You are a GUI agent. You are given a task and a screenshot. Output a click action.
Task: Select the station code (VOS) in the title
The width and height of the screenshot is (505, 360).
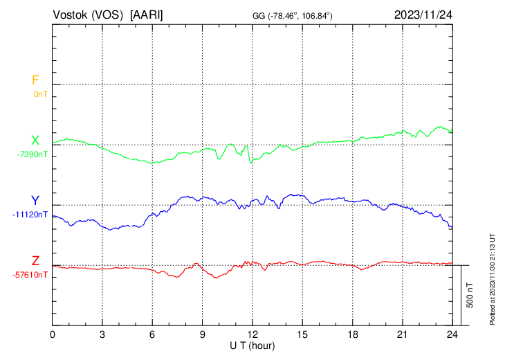[x=108, y=15]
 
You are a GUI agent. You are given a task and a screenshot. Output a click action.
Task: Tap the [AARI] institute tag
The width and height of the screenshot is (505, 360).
[x=147, y=15]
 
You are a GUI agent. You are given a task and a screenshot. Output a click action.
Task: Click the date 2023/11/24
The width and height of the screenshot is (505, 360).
[x=423, y=15]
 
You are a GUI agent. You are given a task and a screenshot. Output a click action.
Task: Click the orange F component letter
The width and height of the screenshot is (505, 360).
[x=35, y=80]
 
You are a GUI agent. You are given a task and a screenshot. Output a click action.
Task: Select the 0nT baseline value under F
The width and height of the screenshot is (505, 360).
[x=40, y=93]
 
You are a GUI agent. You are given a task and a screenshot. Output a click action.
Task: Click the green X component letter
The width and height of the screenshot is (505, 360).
[x=35, y=141]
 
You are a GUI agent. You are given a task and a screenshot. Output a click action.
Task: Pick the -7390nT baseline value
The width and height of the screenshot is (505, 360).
[x=33, y=154]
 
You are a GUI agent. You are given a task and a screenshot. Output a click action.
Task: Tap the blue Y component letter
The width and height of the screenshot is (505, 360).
[x=35, y=201]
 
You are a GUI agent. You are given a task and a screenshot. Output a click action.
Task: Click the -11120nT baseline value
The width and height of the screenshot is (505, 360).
[x=30, y=214]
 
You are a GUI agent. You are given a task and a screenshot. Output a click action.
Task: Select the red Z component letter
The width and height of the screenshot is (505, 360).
[x=35, y=261]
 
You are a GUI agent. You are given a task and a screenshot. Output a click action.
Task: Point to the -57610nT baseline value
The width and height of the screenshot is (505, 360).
[x=30, y=274]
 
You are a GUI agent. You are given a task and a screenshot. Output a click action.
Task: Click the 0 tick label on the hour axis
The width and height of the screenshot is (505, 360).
[x=53, y=334]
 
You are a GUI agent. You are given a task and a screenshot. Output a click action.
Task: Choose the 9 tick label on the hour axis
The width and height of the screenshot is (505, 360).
[x=203, y=334]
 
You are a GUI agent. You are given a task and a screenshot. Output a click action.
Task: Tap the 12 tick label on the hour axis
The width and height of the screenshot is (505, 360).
[x=252, y=334]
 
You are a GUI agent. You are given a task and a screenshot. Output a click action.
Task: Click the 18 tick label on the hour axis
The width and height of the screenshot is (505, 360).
[x=352, y=334]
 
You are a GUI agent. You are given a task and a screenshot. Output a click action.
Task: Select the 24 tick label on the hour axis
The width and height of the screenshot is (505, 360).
[x=452, y=334]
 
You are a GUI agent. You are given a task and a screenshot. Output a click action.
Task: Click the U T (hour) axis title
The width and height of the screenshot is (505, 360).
[x=252, y=345]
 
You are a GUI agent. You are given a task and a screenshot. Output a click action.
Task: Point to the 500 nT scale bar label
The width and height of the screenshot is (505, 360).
[x=470, y=295]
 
